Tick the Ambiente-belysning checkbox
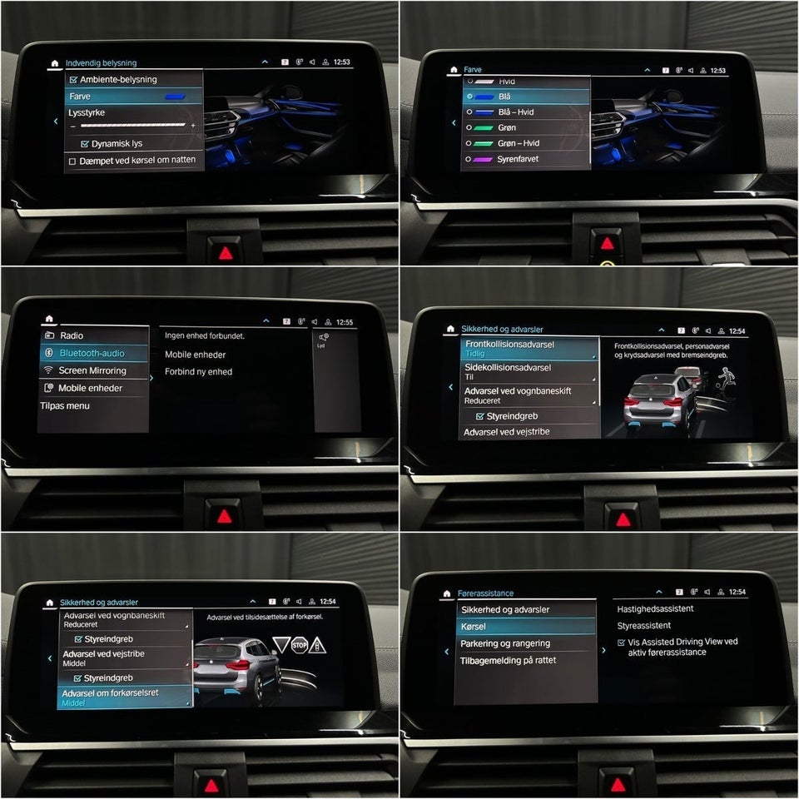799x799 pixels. tap(74, 80)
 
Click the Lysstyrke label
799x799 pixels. tap(87, 112)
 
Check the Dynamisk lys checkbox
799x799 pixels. tap(85, 144)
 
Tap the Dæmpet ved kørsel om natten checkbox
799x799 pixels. tap(72, 161)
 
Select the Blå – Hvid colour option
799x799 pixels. tap(516, 112)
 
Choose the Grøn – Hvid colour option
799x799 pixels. tap(518, 143)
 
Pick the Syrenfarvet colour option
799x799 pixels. tap(517, 159)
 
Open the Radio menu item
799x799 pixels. tap(72, 335)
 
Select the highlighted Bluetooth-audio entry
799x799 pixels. tap(92, 353)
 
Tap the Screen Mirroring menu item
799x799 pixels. tap(92, 370)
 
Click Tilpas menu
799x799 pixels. tap(65, 405)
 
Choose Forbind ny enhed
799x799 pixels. tap(198, 372)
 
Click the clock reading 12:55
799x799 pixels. tap(345, 321)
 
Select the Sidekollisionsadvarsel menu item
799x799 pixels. tap(508, 371)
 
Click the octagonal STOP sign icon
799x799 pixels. tap(300, 645)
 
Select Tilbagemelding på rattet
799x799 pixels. tap(509, 660)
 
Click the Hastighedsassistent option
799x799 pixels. tap(655, 608)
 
